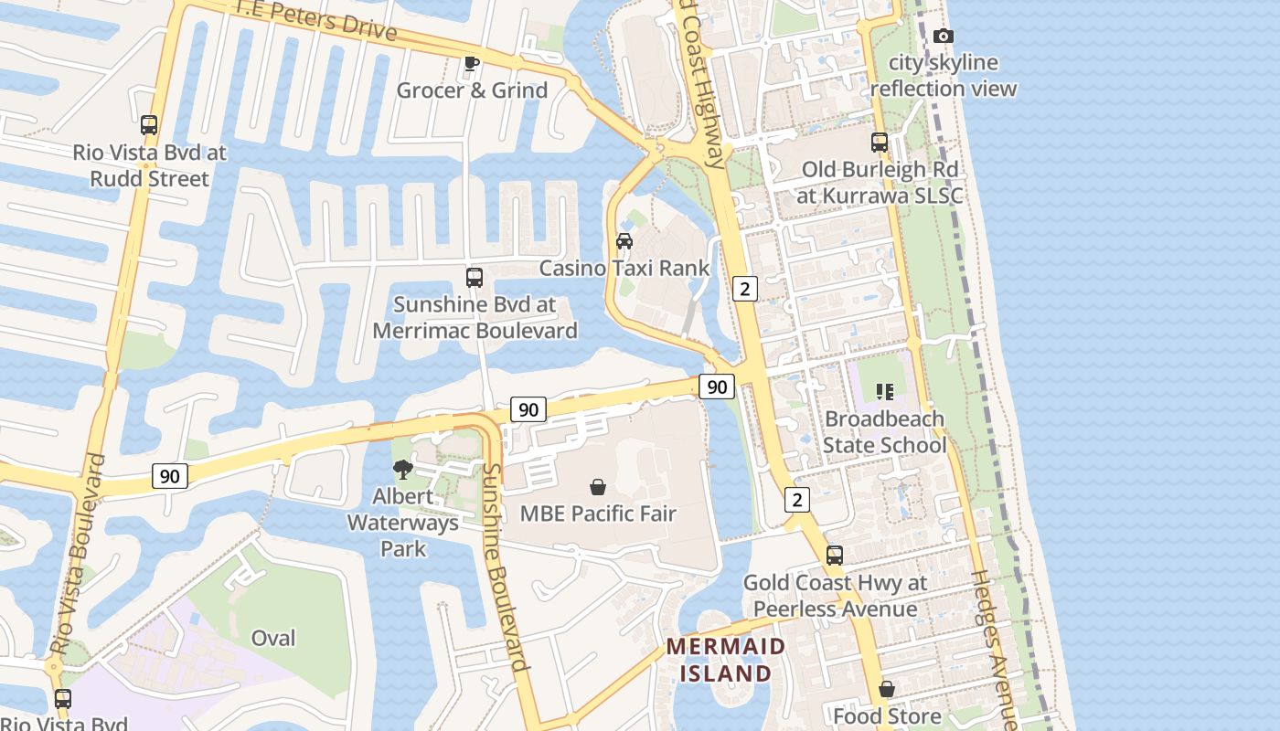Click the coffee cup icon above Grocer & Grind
tap(471, 63)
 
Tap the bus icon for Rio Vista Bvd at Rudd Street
tap(149, 125)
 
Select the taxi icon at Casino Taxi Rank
tap(624, 241)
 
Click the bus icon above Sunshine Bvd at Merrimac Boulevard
tap(475, 278)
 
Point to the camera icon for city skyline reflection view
tap(944, 37)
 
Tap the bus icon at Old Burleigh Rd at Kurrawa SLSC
tap(880, 143)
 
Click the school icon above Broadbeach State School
tap(884, 392)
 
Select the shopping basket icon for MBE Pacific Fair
tap(598, 487)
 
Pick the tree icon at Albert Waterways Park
tap(402, 470)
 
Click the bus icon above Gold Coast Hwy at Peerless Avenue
tap(835, 556)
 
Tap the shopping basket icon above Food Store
tap(887, 689)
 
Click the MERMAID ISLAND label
tap(725, 660)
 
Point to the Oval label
tap(273, 638)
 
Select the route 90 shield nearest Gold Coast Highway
tap(717, 387)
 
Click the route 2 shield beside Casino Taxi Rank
tap(745, 289)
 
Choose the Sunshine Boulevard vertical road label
tap(505, 567)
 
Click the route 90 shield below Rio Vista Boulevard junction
tap(170, 475)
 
